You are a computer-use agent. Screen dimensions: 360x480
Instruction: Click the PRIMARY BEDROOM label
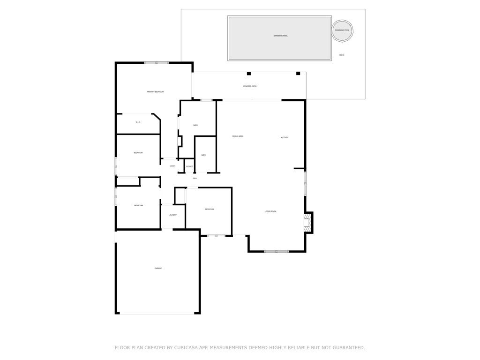coord(155,92)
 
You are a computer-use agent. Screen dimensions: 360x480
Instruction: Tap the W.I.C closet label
coord(138,122)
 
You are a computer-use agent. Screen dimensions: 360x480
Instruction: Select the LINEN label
coord(172,166)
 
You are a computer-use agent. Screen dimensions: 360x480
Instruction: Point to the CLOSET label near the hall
coord(189,166)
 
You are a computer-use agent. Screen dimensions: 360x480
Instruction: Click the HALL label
coord(195,178)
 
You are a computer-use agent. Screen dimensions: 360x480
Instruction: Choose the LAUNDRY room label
coord(172,215)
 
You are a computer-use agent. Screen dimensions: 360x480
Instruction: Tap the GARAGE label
coord(158,268)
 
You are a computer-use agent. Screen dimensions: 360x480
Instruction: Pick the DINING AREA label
coord(238,136)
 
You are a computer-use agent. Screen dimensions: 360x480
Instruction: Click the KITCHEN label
coord(284,137)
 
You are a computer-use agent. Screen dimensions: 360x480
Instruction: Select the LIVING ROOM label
coord(270,211)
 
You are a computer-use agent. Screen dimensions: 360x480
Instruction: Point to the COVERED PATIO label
coord(249,86)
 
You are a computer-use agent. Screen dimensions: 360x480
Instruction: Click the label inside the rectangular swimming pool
coord(280,36)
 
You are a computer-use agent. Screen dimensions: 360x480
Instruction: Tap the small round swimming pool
coord(342,30)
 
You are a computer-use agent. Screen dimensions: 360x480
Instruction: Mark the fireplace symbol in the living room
coord(307,222)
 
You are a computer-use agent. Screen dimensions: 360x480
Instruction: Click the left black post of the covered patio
coord(249,74)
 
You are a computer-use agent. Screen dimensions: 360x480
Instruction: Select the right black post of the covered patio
coord(298,74)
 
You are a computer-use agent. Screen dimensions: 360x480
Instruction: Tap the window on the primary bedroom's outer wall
coord(156,63)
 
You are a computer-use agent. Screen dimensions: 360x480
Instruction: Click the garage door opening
coord(158,313)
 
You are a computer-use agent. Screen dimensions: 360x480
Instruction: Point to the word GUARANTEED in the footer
coord(347,348)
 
